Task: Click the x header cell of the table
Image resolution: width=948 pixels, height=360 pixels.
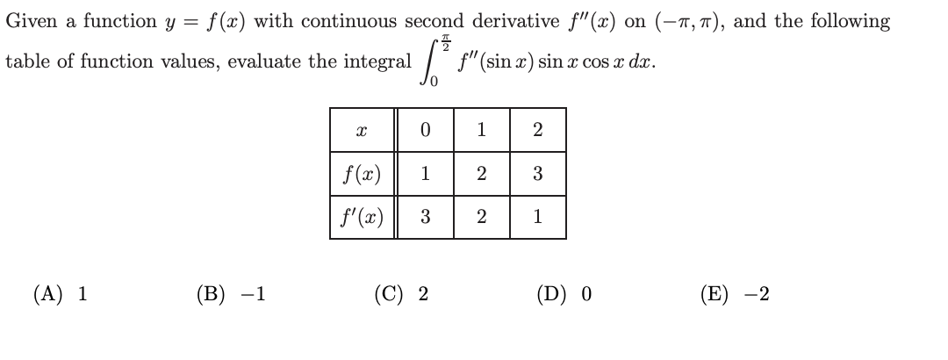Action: (363, 130)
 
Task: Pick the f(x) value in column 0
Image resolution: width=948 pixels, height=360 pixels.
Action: (425, 173)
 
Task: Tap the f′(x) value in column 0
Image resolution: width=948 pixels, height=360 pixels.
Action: (425, 216)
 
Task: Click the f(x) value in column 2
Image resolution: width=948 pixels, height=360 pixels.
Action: (537, 173)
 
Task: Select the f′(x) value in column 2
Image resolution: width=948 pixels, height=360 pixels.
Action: (537, 216)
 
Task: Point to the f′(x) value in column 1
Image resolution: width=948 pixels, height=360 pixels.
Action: (481, 216)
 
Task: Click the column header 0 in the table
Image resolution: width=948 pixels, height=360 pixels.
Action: (425, 130)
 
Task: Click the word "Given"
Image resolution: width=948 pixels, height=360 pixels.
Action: (29, 20)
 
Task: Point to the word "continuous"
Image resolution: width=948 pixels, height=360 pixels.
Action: (338, 20)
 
